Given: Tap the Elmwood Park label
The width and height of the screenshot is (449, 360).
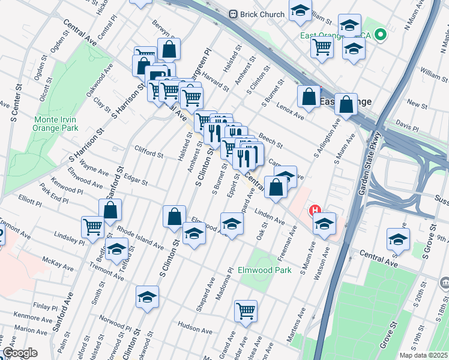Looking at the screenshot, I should coord(264,270).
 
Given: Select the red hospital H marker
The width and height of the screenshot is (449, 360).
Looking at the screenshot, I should coord(315,211).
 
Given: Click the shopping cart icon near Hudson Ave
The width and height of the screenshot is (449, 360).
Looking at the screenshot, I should coord(246,311).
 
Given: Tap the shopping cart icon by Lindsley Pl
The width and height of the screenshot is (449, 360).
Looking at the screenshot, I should coord(92,227).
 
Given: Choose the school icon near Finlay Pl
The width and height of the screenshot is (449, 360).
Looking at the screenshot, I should coord(146,297).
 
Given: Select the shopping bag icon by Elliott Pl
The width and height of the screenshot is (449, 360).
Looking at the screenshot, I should coord(110,210).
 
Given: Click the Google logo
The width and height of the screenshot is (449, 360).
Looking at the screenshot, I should coord(20,353).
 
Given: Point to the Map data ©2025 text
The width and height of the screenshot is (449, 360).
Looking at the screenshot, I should coord(424,355).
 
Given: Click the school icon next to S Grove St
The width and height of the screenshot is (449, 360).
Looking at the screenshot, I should coord(398,239).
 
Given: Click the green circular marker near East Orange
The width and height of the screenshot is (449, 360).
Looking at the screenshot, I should coord(380,35).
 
